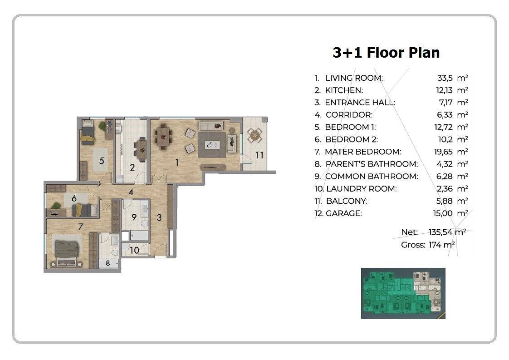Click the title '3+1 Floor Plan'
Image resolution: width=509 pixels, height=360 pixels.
tap(386, 53)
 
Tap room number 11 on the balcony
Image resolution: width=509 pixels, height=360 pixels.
tap(259, 155)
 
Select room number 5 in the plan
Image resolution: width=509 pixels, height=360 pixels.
tap(102, 161)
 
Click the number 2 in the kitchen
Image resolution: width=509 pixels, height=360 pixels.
tap(132, 168)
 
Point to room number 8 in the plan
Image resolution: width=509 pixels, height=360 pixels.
tap(108, 263)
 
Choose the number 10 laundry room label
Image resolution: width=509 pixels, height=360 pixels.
tap(134, 250)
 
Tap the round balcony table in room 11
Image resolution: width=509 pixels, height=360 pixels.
tap(254, 135)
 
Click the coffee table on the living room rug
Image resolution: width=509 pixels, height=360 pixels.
tap(212, 145)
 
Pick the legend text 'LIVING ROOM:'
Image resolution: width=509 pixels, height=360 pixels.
tap(354, 78)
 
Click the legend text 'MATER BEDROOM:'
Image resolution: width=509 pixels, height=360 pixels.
tap(363, 152)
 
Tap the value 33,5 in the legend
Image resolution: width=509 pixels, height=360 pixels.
tap(445, 78)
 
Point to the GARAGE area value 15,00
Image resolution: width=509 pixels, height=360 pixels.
tap(443, 213)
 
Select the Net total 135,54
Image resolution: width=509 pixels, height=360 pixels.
tap(440, 232)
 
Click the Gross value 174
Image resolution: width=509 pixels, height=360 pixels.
tap(435, 245)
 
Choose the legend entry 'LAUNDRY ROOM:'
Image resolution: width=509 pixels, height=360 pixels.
tap(361, 189)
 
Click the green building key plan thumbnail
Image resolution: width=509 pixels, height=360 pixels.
tap(403, 293)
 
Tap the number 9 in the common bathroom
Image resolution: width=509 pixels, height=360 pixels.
tap(134, 217)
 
